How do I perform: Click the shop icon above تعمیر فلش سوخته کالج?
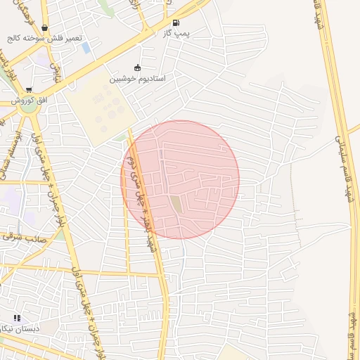[x=45, y=28]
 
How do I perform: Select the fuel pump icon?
[x=174, y=22]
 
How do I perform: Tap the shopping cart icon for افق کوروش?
[x=29, y=91]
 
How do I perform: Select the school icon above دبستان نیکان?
[x=17, y=318]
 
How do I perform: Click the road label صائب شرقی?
[x=21, y=237]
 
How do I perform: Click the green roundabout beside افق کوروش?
[x=28, y=106]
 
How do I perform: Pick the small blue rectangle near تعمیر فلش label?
[x=86, y=48]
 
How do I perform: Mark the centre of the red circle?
[x=180, y=179]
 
